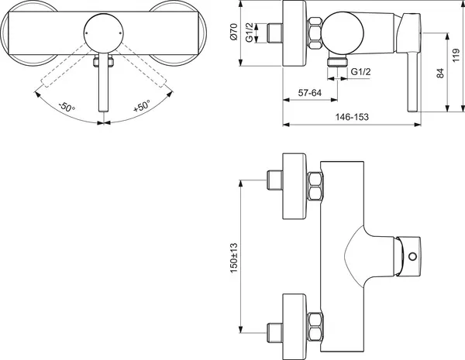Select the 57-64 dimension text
pyautogui.click(x=300, y=93)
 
